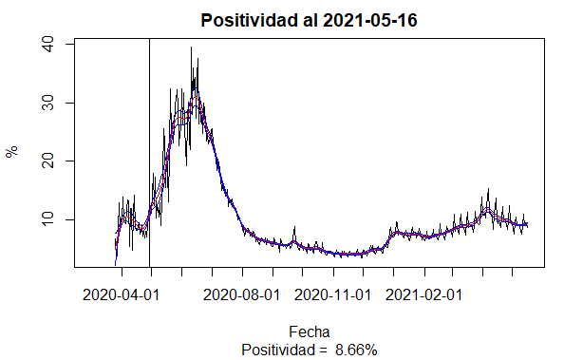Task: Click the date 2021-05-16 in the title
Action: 370,20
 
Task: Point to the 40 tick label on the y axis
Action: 48,45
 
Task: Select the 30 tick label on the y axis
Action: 48,103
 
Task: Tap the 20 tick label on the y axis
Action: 48,161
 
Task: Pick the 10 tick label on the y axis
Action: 48,219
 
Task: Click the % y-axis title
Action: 12,152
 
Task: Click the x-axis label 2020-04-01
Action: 121,295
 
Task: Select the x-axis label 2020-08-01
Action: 242,295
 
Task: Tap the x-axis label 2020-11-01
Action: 332,295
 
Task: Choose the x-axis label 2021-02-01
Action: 423,295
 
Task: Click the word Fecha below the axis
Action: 310,332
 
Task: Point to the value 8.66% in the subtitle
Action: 356,350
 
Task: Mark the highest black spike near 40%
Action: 191,47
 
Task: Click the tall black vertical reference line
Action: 149,153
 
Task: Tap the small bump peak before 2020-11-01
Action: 294,226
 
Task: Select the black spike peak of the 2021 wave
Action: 489,189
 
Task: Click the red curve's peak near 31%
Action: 196,96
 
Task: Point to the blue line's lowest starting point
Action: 115,265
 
